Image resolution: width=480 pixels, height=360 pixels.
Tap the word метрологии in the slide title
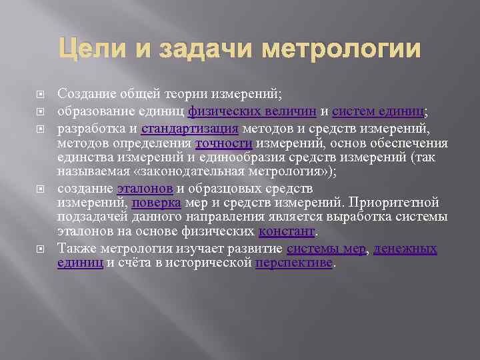343,49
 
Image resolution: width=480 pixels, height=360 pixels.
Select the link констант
286,232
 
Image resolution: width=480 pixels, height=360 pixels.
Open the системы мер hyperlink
326,248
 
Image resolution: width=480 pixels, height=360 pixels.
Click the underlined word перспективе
293,263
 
